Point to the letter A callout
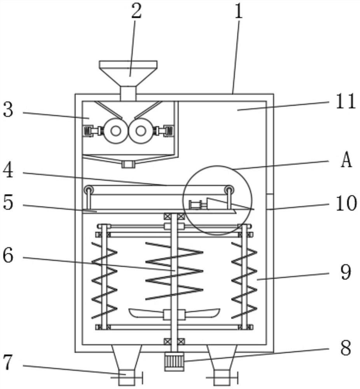346,161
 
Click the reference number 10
346,203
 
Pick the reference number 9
345,272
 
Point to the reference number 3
9,110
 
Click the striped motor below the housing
174,361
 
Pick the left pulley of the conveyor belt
90,190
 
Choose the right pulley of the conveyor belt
229,190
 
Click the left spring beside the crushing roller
87,131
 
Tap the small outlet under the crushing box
128,165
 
